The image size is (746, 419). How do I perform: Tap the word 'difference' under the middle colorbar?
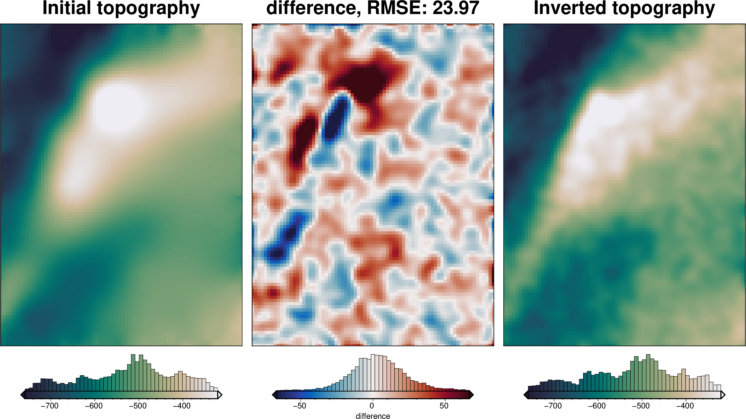click(x=373, y=416)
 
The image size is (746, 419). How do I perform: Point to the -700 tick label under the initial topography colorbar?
click(x=50, y=406)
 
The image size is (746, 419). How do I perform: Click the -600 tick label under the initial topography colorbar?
click(x=94, y=406)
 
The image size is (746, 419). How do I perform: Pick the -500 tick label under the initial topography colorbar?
click(x=138, y=406)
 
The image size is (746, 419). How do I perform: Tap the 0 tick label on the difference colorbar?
click(x=372, y=406)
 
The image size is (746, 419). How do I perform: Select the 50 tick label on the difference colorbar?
click(x=444, y=406)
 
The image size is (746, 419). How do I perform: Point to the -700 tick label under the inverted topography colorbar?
click(x=553, y=406)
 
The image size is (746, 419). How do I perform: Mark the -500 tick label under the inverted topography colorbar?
click(x=641, y=406)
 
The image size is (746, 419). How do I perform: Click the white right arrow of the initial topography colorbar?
click(x=220, y=395)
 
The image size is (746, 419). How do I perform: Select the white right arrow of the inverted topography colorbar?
click(x=723, y=395)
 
